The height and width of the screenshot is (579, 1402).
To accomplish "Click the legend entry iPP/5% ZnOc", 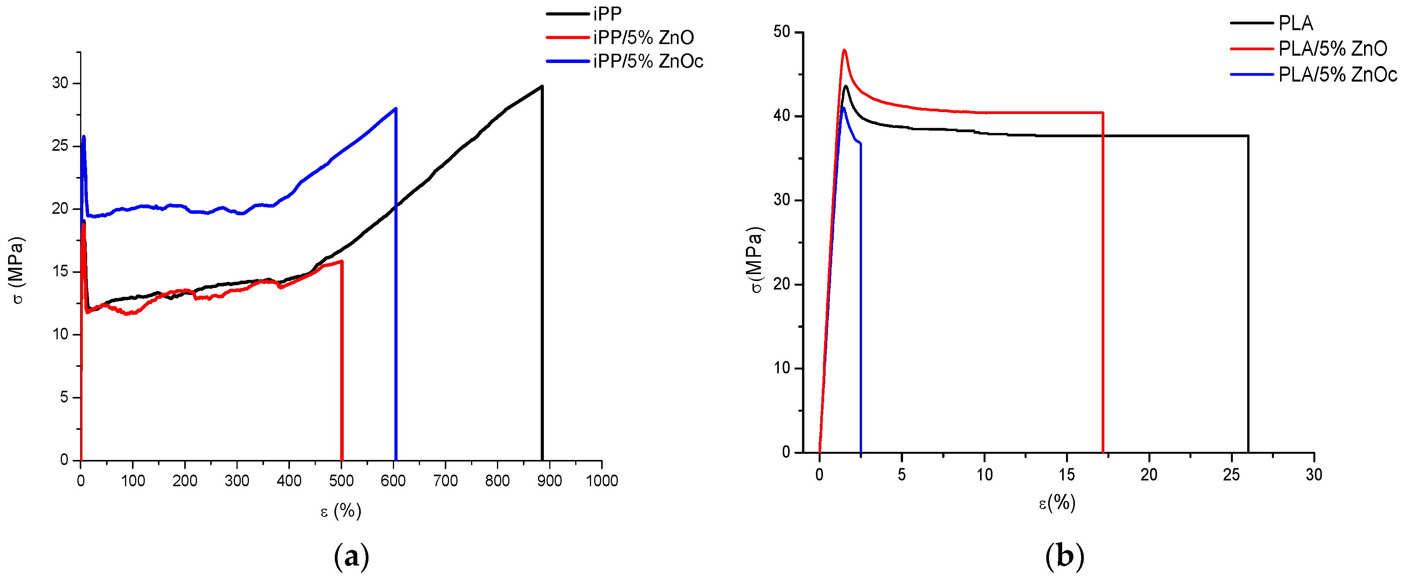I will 648,61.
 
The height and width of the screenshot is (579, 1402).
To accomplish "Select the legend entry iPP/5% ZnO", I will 643,37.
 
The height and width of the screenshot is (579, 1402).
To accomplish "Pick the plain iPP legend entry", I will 607,14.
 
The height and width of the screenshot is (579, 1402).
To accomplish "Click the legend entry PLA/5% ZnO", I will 1332,49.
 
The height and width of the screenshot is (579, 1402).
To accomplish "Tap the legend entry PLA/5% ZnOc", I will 1337,75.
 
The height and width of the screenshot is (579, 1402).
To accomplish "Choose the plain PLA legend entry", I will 1295,23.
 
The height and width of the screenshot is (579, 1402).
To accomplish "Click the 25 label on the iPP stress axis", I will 60,146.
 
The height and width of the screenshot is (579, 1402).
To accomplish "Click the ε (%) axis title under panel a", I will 341,511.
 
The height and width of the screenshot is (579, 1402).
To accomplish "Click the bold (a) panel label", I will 351,557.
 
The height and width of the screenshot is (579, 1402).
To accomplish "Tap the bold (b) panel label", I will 1064,557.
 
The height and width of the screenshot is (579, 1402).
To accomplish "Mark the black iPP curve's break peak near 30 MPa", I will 542,87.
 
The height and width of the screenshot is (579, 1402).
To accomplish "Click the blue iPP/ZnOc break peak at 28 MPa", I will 396,109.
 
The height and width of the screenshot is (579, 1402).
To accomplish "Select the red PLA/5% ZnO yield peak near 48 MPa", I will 844,51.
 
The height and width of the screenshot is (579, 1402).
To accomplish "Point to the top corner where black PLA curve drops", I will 1248,136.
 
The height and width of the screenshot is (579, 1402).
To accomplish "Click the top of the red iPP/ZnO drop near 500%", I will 341,262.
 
